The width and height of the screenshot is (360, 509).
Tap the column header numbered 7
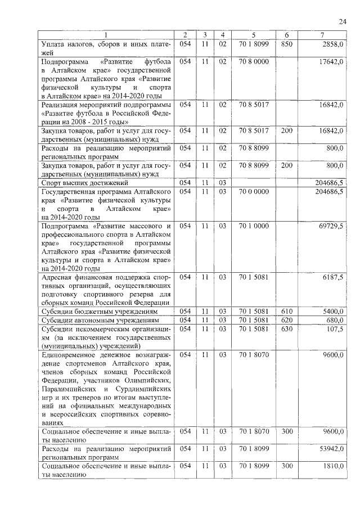point(322,35)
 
